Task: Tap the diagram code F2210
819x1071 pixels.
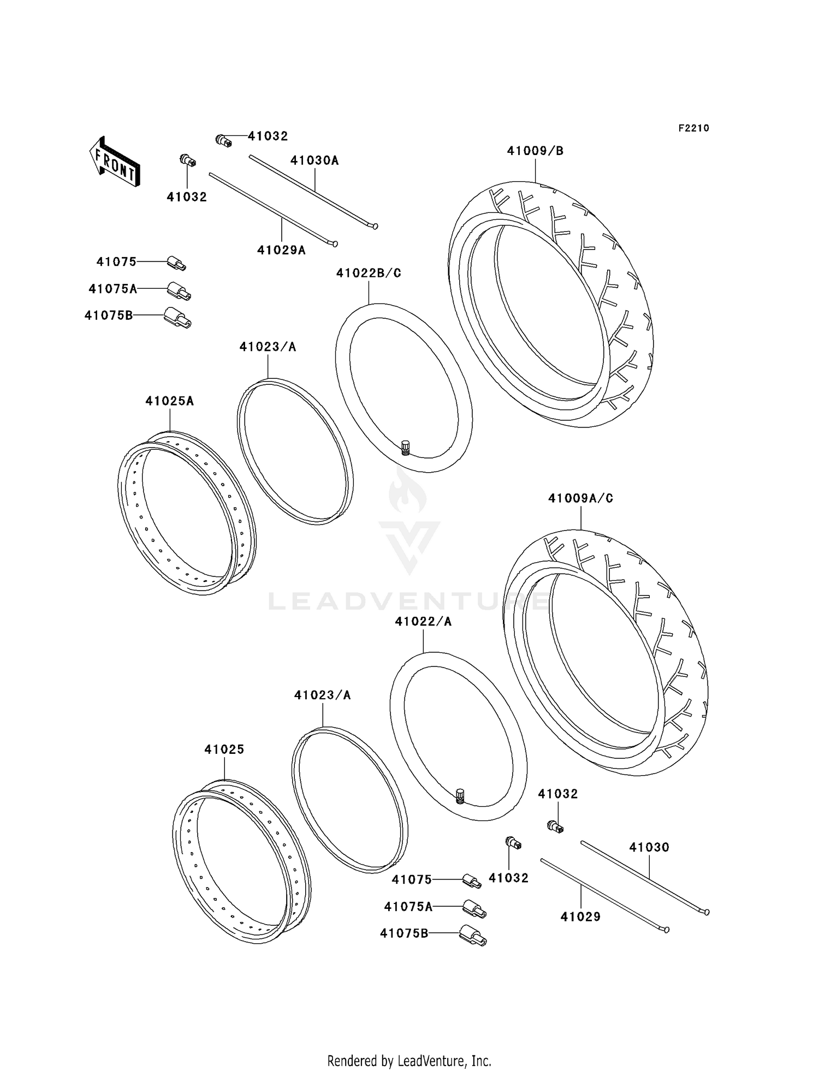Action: (693, 128)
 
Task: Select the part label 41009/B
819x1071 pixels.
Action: (535, 151)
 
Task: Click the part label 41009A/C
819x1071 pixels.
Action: (580, 498)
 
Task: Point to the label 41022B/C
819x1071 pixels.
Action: (369, 273)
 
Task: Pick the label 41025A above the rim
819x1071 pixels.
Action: (169, 401)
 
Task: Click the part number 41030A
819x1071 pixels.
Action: (314, 160)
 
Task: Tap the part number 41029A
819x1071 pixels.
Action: (281, 251)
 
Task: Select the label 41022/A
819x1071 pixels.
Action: (423, 622)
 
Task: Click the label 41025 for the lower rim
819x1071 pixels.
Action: (224, 750)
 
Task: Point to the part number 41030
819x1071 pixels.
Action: (649, 847)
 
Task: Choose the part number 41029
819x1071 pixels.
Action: (580, 917)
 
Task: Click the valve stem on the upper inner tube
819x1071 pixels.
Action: (405, 447)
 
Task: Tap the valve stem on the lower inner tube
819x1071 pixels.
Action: (460, 796)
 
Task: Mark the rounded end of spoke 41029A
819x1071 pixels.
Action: (335, 244)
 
